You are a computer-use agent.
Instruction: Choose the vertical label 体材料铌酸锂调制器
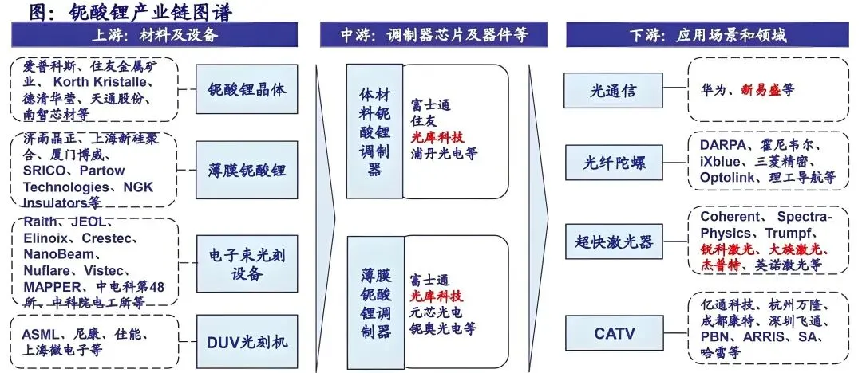374,132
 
